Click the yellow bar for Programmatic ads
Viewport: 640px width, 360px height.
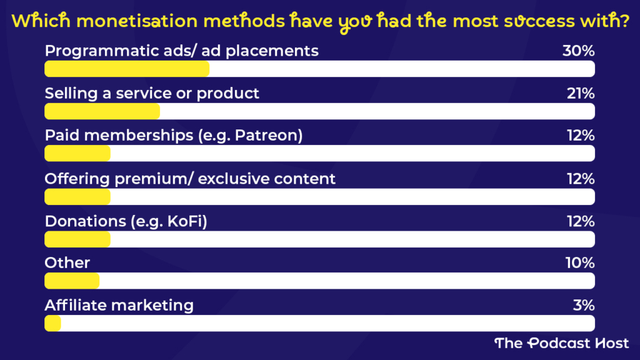pyautogui.click(x=127, y=68)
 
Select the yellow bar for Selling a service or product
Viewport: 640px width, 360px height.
pyautogui.click(x=102, y=111)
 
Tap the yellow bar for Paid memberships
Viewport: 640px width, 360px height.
pyautogui.click(x=77, y=154)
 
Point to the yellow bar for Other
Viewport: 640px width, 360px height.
pyautogui.click(x=72, y=281)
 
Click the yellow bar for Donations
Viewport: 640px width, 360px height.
pyautogui.click(x=77, y=239)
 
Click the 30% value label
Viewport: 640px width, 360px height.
pyautogui.click(x=577, y=51)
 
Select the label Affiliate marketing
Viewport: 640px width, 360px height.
pyautogui.click(x=119, y=306)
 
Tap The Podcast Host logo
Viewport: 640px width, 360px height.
pyautogui.click(x=561, y=343)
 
